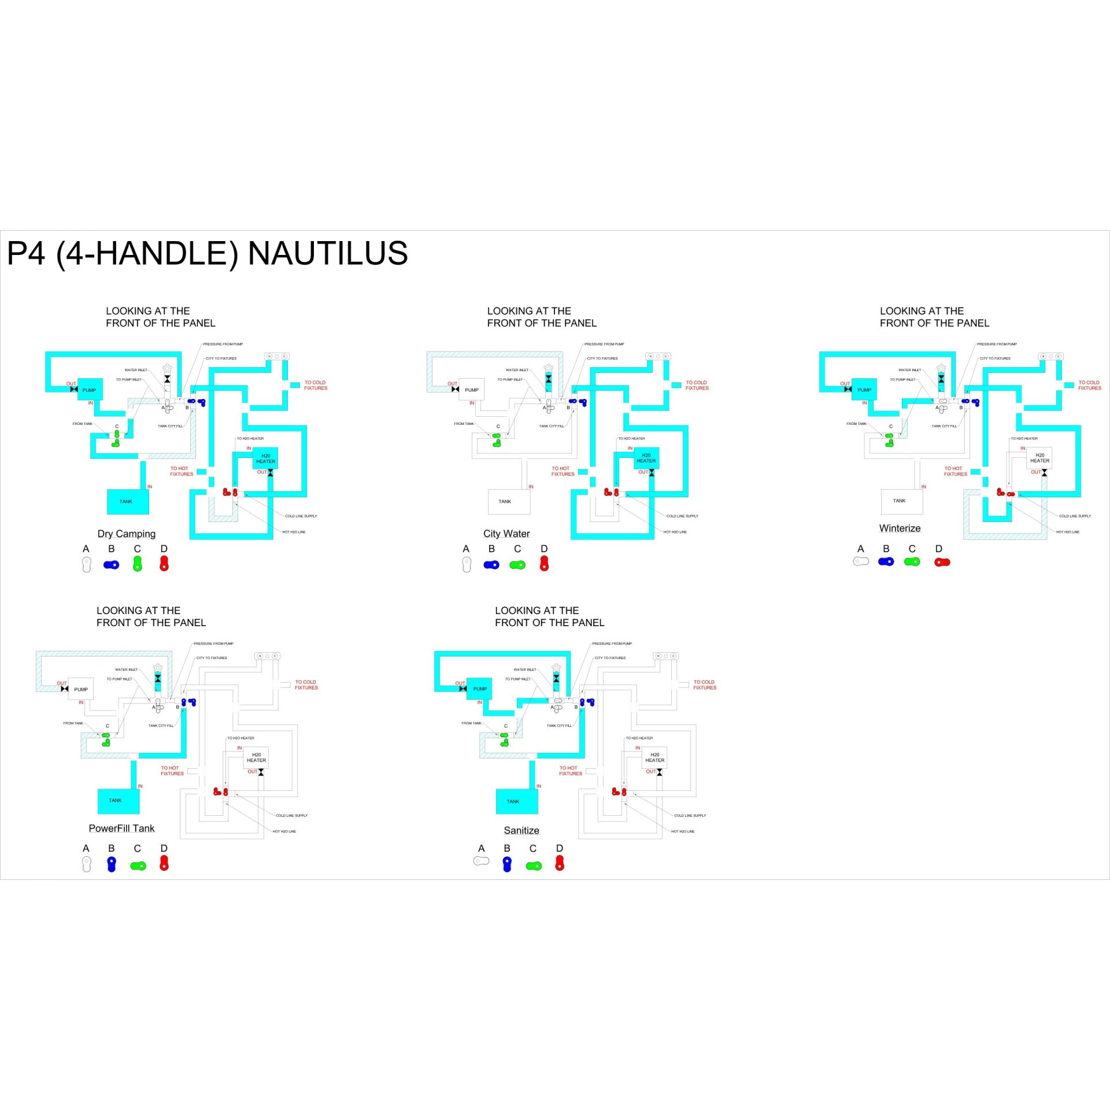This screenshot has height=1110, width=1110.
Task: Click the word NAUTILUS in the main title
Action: (x=328, y=254)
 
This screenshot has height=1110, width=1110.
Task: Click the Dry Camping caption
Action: (x=126, y=534)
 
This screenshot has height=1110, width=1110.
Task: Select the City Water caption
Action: (x=506, y=534)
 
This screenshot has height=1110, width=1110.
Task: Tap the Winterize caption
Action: (x=900, y=528)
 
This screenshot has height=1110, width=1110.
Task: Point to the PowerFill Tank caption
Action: (x=121, y=828)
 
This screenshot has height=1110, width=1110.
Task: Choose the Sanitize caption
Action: (x=521, y=830)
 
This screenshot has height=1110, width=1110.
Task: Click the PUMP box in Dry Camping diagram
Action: (x=90, y=390)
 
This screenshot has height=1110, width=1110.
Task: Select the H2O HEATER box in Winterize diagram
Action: (x=1039, y=458)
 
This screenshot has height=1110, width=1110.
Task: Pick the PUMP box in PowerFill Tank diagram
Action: (x=81, y=689)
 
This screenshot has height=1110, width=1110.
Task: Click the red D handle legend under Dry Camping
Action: (x=164, y=564)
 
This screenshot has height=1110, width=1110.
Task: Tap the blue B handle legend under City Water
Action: (x=491, y=565)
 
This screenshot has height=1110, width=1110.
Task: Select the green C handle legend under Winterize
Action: (x=912, y=561)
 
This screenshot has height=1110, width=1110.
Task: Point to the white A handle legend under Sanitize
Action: (x=481, y=861)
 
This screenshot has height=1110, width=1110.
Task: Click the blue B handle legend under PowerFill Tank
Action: (x=112, y=864)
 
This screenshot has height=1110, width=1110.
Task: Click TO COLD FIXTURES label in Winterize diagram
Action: (x=1089, y=385)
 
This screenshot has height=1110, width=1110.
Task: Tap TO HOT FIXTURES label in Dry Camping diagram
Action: (x=182, y=471)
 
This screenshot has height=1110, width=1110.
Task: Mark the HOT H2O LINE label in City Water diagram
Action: (x=675, y=532)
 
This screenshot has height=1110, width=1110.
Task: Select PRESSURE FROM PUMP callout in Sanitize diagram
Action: (x=612, y=643)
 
